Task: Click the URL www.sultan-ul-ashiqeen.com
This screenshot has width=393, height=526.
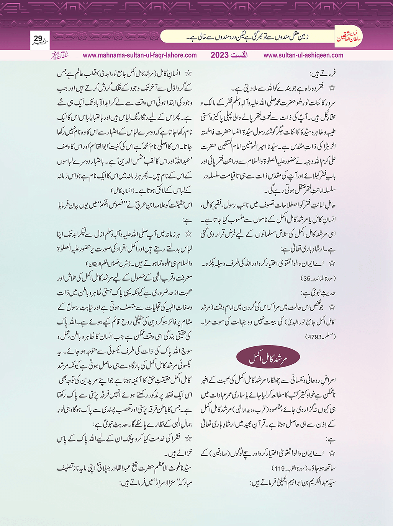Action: tap(303, 55)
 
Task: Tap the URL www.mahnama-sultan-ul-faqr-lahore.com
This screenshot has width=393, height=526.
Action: tap(140, 55)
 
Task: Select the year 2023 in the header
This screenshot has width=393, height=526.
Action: tap(220, 55)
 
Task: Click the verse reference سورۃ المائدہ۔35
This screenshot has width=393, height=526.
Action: tap(316, 279)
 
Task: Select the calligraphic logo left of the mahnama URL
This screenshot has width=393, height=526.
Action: tap(59, 55)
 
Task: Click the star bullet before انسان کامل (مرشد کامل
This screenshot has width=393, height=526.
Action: tap(188, 73)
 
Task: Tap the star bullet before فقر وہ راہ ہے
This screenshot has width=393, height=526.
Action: tap(332, 88)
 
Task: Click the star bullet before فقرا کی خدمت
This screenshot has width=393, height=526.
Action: tap(188, 439)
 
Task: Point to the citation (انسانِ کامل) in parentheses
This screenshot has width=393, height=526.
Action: tap(122, 190)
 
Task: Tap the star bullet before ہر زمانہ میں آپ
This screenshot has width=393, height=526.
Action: tap(188, 234)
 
